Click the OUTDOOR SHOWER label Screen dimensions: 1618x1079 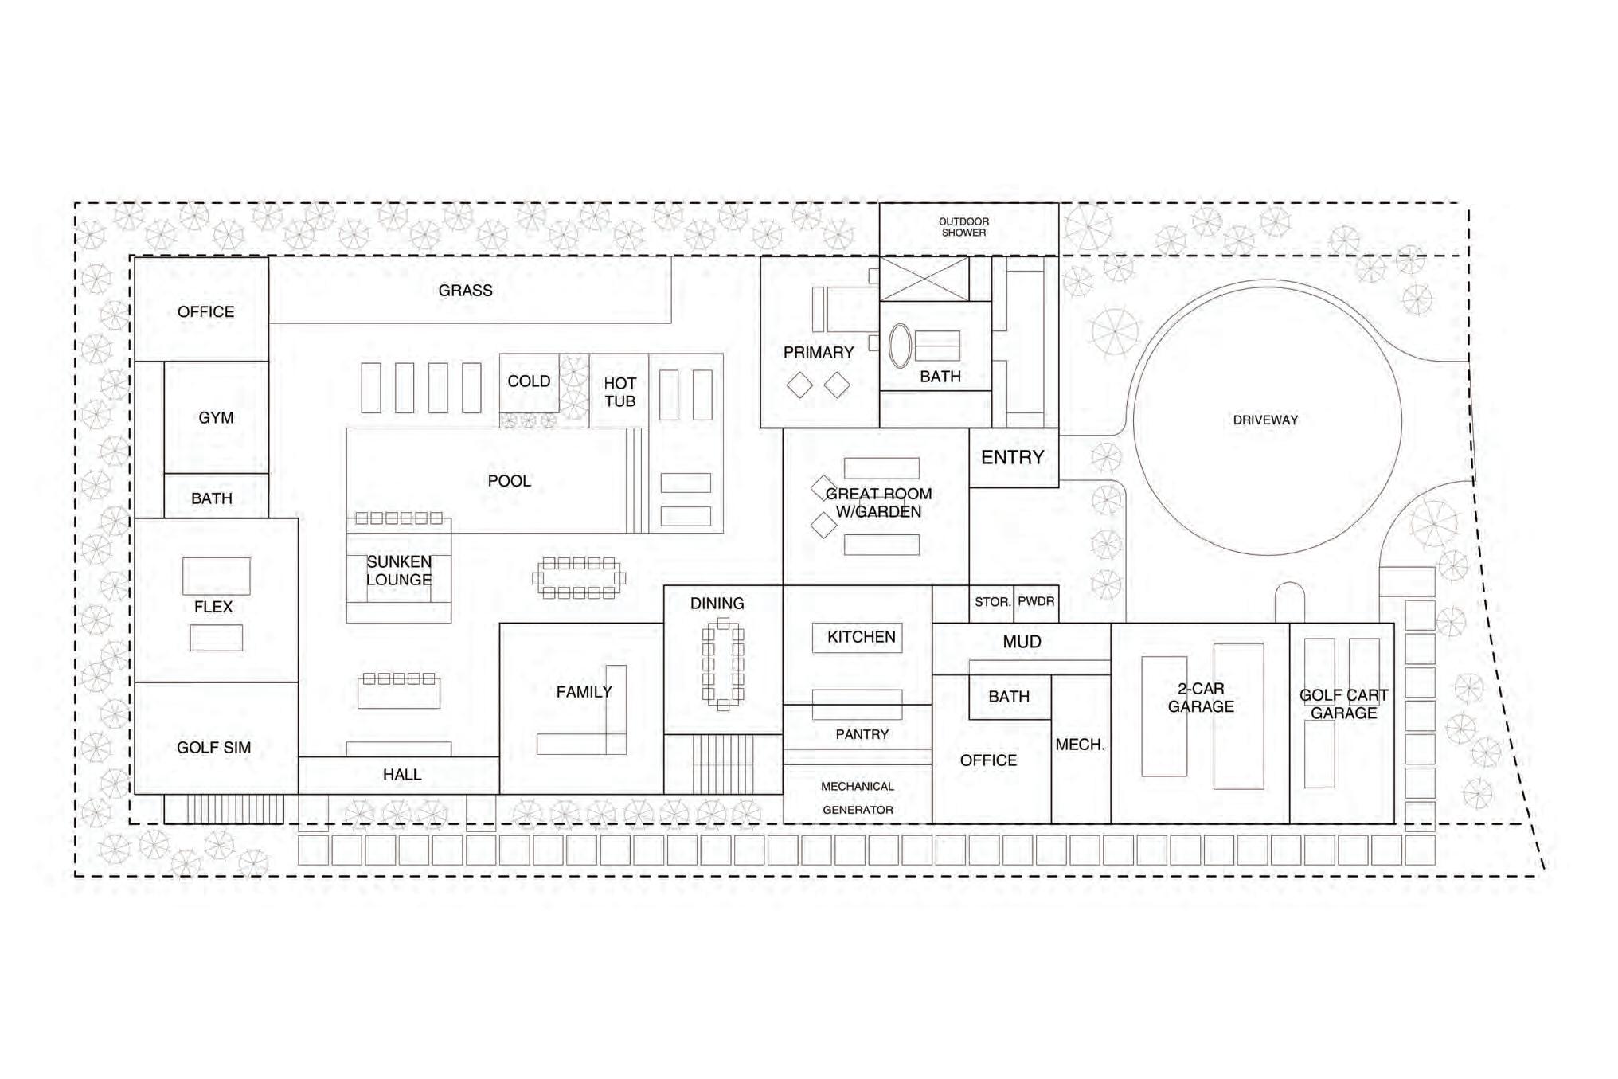(963, 227)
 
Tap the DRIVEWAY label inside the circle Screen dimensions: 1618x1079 (1265, 420)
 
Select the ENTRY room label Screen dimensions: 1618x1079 (1012, 457)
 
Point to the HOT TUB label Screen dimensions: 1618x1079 (619, 392)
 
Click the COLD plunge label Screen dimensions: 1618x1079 (529, 381)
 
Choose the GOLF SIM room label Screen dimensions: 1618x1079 (213, 748)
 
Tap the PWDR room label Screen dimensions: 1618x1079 (1036, 601)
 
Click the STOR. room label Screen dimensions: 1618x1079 (992, 602)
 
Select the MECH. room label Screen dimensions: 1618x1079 (1080, 745)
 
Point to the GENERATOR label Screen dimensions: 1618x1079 (858, 810)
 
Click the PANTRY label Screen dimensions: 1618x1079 (862, 734)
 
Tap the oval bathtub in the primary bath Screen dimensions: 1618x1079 (900, 346)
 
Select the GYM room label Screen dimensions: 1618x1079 (216, 417)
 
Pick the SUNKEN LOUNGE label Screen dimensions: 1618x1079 (399, 571)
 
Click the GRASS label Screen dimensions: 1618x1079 (465, 291)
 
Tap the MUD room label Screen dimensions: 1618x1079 (1022, 642)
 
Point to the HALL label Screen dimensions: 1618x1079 (401, 775)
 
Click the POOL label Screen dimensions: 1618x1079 (509, 481)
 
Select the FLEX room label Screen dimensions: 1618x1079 (213, 607)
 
